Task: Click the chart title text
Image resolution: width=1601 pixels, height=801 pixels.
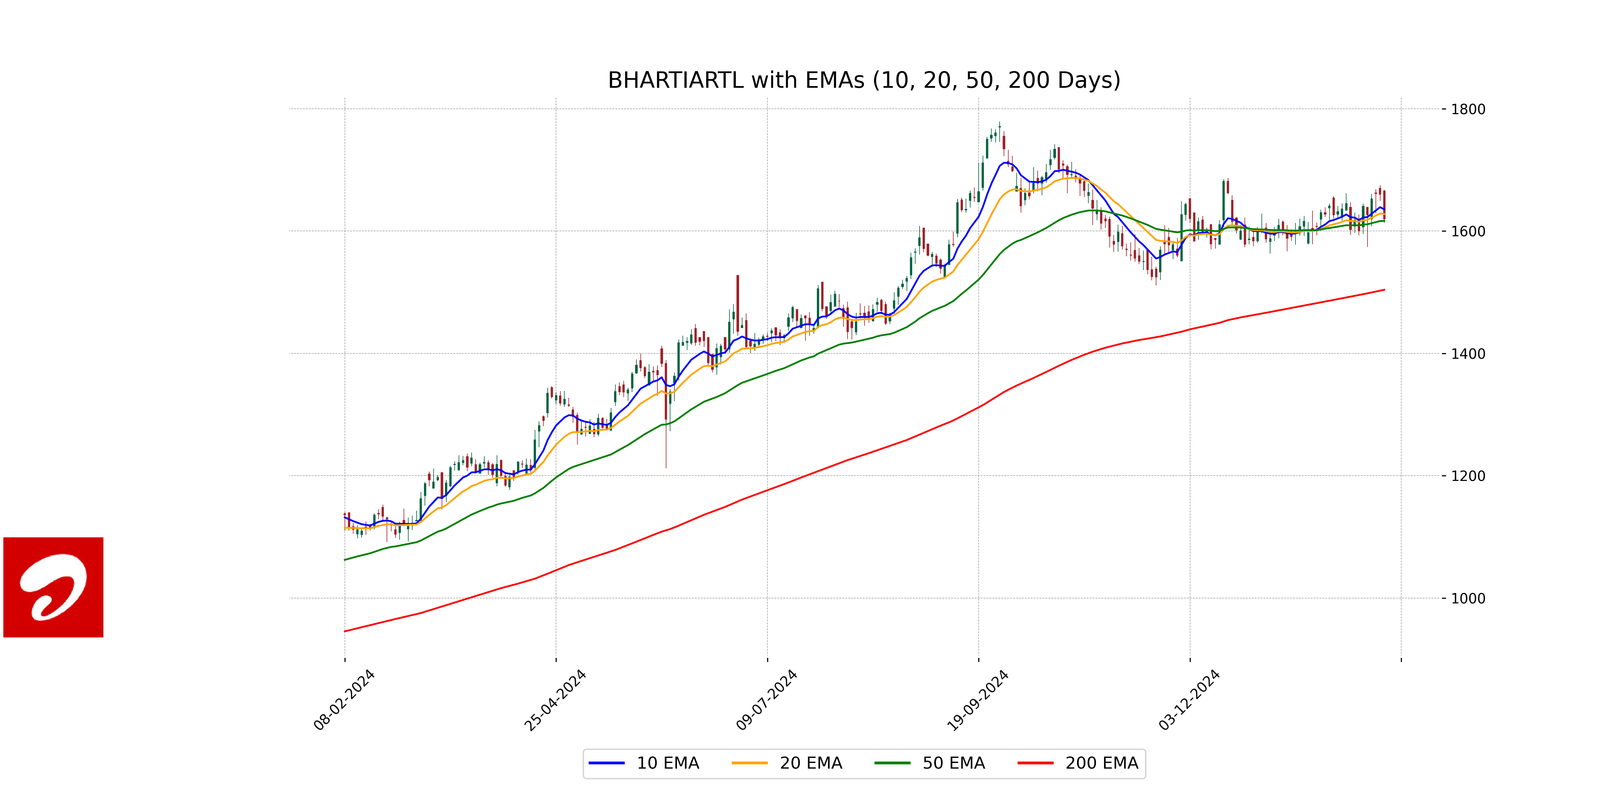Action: click(864, 80)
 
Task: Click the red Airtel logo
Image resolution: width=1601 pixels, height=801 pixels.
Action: click(53, 587)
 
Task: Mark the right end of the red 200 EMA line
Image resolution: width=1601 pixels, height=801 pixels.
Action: click(1384, 290)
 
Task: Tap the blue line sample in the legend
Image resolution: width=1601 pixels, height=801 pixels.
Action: click(607, 763)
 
